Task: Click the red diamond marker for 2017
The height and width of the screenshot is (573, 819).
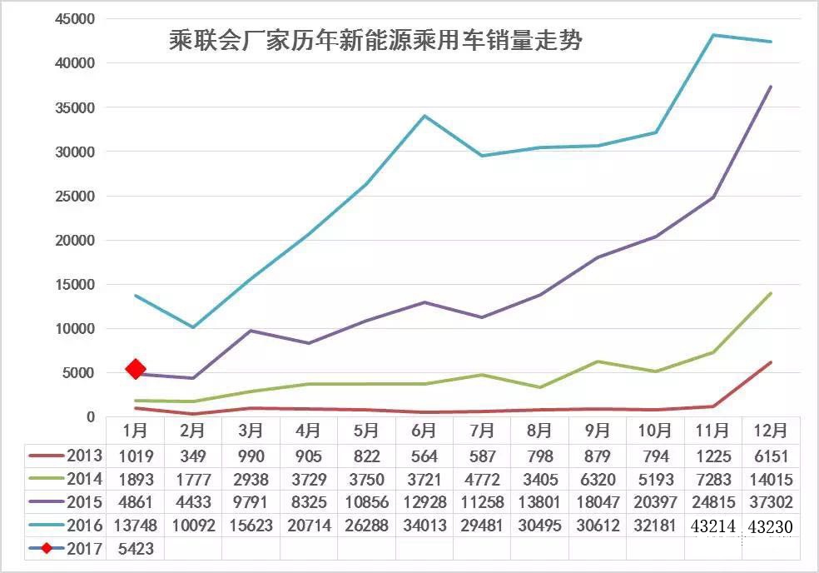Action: [135, 369]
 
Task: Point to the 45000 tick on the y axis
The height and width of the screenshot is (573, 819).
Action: [72, 18]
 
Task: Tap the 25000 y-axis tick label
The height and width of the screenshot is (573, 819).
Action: [72, 196]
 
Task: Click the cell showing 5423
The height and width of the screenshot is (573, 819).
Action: [135, 548]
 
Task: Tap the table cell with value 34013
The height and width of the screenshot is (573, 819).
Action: [424, 526]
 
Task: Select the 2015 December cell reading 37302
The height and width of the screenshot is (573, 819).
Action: [771, 502]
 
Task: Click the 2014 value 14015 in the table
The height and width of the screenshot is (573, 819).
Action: [771, 479]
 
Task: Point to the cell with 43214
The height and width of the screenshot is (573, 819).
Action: [713, 526]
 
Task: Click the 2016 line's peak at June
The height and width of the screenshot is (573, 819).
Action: [424, 116]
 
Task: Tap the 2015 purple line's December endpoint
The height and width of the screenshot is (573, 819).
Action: [771, 87]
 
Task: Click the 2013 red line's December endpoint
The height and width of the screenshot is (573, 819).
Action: [771, 362]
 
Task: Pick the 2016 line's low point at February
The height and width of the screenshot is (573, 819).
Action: [193, 327]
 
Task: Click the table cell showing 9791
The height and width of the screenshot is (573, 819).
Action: [251, 502]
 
